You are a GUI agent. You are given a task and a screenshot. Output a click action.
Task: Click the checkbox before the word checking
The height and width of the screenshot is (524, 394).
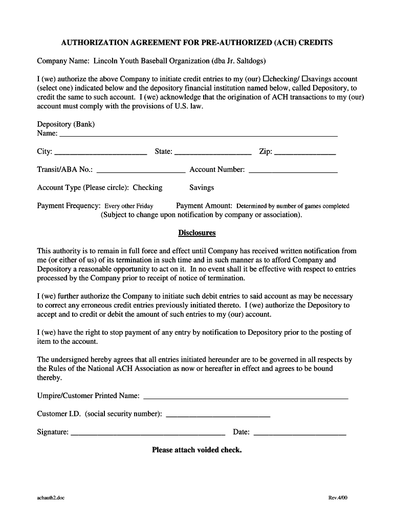[x=266, y=79]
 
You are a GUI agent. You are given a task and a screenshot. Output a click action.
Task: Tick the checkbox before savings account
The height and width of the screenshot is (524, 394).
[x=305, y=79]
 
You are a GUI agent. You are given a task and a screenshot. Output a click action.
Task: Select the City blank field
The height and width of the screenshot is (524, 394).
[x=100, y=152]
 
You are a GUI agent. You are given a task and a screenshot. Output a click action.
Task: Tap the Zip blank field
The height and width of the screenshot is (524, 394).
[x=305, y=152]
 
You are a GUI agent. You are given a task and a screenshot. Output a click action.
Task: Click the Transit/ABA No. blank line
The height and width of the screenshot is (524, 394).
[x=141, y=170]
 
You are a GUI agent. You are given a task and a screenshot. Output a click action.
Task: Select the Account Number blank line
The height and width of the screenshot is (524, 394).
[x=293, y=170]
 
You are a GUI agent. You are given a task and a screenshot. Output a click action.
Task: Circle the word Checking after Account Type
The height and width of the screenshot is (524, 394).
[x=147, y=188]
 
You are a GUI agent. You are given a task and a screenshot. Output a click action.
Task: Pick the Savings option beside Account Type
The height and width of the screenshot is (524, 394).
[x=202, y=188]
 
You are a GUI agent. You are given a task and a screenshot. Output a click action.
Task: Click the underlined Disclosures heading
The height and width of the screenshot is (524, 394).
[x=197, y=233]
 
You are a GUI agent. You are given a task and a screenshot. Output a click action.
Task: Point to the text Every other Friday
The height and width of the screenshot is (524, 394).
[x=129, y=206]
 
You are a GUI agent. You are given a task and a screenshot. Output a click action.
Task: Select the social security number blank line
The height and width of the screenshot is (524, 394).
[x=218, y=414]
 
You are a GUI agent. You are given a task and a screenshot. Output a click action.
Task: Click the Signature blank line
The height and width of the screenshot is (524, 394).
[x=148, y=432]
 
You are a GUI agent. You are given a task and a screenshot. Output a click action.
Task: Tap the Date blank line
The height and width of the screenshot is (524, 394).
[x=300, y=432]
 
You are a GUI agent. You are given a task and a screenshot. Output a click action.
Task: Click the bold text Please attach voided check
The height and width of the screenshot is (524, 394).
[x=197, y=450]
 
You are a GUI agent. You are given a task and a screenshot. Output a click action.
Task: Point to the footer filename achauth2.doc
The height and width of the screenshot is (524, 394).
[x=51, y=498]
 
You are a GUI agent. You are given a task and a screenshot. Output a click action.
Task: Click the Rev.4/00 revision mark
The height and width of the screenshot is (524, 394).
[x=338, y=498]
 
